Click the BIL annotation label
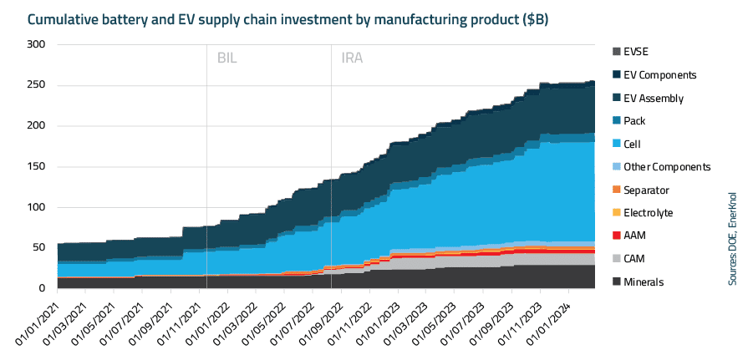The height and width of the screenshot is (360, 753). [x=227, y=58]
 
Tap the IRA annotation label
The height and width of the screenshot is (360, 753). [x=352, y=58]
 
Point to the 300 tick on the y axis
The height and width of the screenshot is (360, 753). [x=35, y=44]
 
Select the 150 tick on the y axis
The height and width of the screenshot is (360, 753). [x=35, y=166]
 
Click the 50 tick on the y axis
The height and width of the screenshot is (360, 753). [x=38, y=247]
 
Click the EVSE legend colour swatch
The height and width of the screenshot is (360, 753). [x=616, y=52]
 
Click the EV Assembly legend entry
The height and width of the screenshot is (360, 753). [x=654, y=98]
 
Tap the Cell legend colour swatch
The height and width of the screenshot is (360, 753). [x=616, y=144]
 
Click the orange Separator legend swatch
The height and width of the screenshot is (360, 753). [x=616, y=190]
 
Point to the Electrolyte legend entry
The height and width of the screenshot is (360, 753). [x=648, y=213]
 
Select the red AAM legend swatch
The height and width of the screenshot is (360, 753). [x=616, y=236]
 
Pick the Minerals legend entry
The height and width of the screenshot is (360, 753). [x=644, y=282]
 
